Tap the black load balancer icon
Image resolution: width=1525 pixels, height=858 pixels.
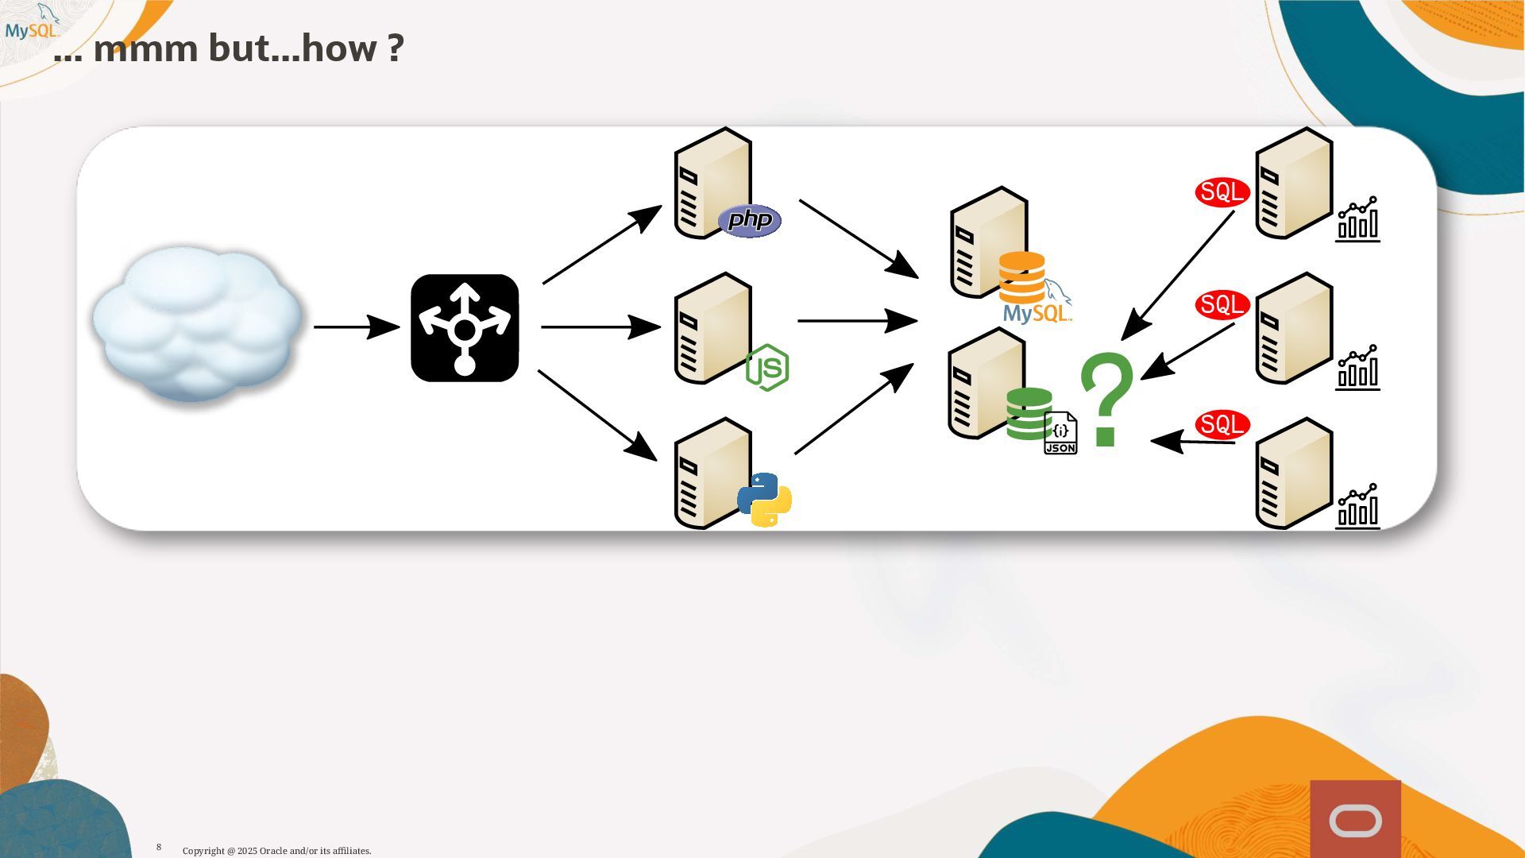click(x=465, y=328)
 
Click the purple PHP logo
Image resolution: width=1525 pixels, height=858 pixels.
click(x=750, y=221)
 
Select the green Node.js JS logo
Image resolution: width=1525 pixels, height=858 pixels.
click(x=767, y=367)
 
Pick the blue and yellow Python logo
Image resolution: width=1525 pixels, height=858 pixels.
click(x=764, y=500)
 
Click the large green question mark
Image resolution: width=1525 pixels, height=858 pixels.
click(x=1106, y=400)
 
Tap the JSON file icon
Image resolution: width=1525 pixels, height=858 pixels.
click(x=1060, y=434)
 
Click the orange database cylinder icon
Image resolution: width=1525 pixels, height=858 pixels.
click(x=1021, y=277)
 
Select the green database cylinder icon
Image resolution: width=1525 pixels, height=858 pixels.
click(x=1029, y=413)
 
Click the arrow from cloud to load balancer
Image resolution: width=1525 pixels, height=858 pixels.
click(x=356, y=327)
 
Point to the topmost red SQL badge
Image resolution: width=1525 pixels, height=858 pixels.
click(x=1222, y=192)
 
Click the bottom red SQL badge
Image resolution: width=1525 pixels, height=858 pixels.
click(x=1222, y=424)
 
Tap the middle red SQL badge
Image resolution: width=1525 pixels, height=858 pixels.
click(x=1222, y=305)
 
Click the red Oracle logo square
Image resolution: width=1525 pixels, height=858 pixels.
click(x=1355, y=819)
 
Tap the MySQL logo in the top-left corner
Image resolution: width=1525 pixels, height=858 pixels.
click(x=32, y=24)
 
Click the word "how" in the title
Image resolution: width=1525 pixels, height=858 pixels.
click(x=340, y=48)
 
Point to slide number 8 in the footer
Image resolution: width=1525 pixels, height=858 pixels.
click(x=159, y=847)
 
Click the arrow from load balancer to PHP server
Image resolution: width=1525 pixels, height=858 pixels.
click(x=601, y=245)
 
